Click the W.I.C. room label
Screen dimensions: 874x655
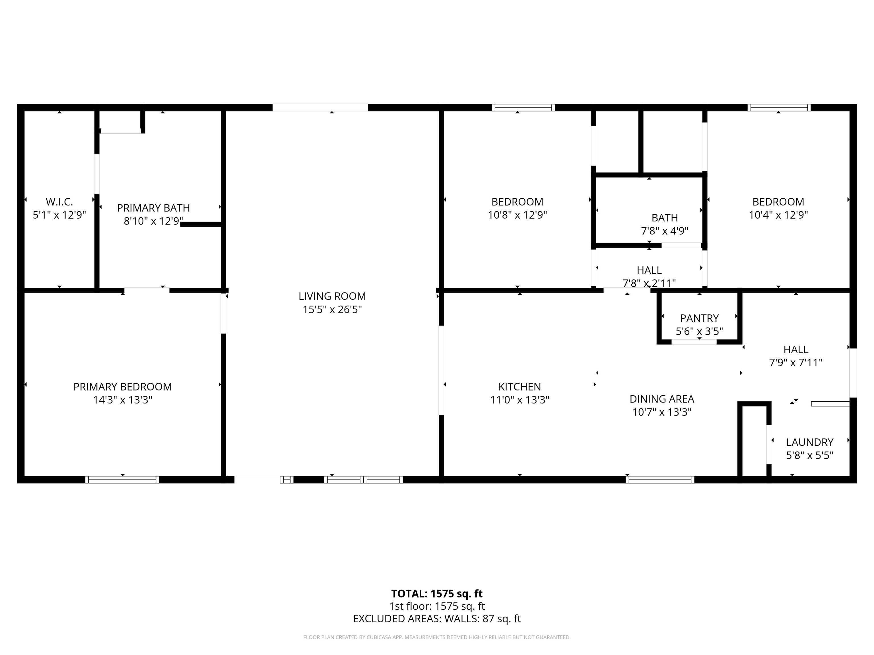(59, 202)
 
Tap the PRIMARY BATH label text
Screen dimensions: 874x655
(153, 208)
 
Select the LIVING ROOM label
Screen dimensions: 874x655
(332, 296)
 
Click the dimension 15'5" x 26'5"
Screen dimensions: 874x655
(332, 310)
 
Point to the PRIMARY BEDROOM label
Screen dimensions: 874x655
(123, 387)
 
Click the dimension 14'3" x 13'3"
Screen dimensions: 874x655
(123, 400)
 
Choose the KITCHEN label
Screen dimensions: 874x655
(520, 387)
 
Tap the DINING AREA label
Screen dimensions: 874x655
(662, 399)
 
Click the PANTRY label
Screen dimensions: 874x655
(699, 318)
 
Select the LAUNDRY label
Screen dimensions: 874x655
(810, 442)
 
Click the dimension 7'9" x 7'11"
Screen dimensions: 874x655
(796, 362)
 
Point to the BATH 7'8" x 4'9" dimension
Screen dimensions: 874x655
(665, 231)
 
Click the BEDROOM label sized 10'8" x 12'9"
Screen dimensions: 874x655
(517, 202)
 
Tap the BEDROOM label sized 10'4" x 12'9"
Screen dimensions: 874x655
(778, 202)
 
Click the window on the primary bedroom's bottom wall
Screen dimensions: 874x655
(123, 480)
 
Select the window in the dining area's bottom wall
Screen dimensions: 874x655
(660, 480)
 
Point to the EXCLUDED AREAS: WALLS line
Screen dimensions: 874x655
(437, 619)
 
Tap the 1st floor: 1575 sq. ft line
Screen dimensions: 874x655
(437, 606)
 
